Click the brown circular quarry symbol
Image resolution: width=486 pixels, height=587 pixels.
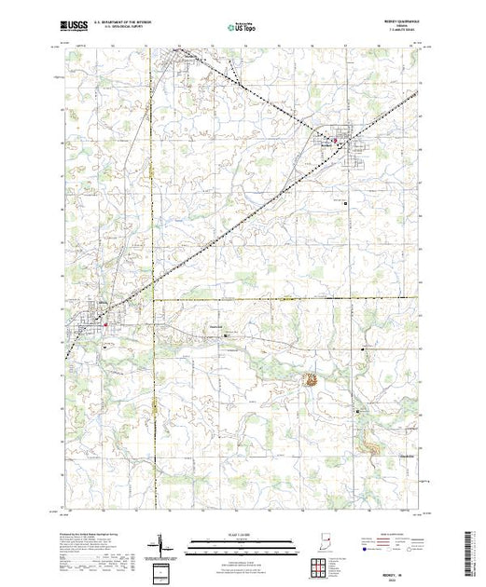pos(308,379)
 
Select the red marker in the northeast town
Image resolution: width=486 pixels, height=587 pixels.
pos(334,141)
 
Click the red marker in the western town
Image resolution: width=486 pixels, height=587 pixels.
pos(105,323)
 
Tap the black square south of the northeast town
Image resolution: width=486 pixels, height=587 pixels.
pos(345,202)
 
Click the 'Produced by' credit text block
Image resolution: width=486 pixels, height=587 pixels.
pos(93,550)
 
